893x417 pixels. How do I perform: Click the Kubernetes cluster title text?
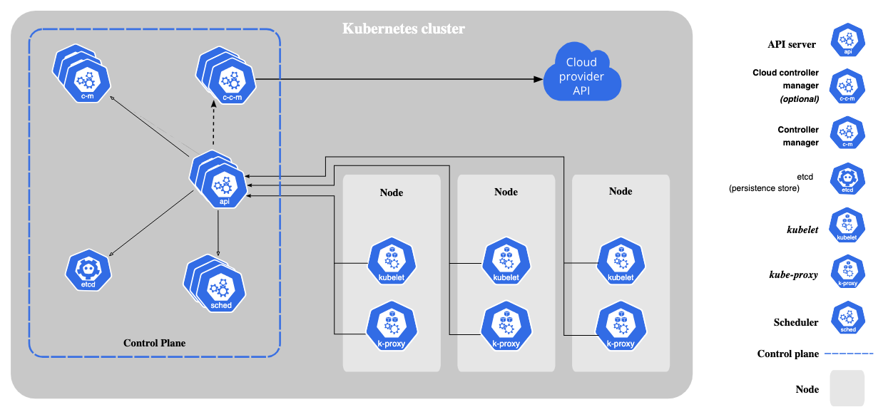pyautogui.click(x=404, y=29)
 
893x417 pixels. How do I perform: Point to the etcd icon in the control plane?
pyautogui.click(x=89, y=271)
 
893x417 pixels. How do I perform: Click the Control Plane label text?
pyautogui.click(x=154, y=343)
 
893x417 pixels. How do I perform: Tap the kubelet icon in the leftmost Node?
pyautogui.click(x=391, y=262)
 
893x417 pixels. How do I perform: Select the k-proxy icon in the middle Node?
pyautogui.click(x=506, y=327)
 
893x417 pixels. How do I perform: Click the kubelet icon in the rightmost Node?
pyautogui.click(x=621, y=262)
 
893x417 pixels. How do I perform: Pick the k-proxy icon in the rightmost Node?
pyautogui.click(x=621, y=327)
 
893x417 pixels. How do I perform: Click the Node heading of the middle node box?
pyautogui.click(x=506, y=192)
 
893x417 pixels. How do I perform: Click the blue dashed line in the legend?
pyautogui.click(x=848, y=353)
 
